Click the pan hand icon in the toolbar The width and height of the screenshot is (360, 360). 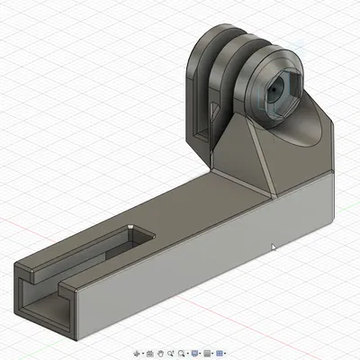coord(160,353)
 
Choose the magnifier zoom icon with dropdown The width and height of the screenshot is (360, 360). coord(184,353)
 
